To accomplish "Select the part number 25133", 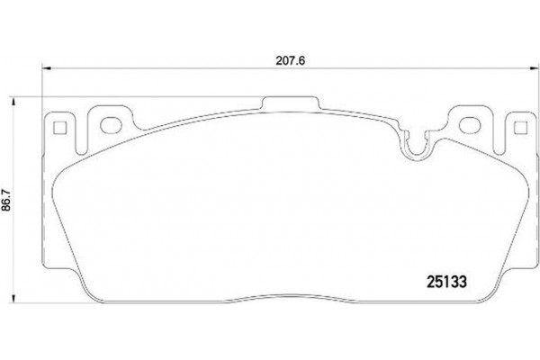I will click(x=444, y=280).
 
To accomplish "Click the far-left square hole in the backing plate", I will click(x=62, y=126).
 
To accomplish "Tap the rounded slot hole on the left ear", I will click(x=112, y=124).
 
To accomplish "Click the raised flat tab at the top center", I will click(x=289, y=100).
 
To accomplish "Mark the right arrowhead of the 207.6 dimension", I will click(x=533, y=67).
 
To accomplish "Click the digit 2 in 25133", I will click(x=427, y=280).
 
